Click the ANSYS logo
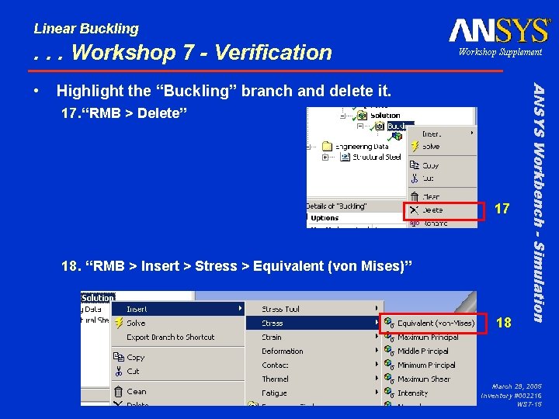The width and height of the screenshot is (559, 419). click(x=499, y=31)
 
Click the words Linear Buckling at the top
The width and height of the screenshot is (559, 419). click(x=86, y=29)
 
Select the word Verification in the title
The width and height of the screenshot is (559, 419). click(x=273, y=53)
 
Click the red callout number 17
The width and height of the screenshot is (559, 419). click(x=502, y=209)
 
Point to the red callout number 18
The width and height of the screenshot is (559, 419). click(x=504, y=322)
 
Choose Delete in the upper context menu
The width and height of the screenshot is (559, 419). click(x=432, y=209)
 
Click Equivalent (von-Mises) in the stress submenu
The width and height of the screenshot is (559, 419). click(x=436, y=323)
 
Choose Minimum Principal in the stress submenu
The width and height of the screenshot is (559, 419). click(x=426, y=365)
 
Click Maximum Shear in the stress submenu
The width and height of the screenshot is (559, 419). click(x=424, y=379)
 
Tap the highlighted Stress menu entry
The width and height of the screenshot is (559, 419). click(x=273, y=323)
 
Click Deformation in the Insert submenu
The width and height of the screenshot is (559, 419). click(x=282, y=351)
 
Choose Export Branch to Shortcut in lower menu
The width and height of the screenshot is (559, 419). click(x=170, y=338)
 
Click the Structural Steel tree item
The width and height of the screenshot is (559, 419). click(x=377, y=157)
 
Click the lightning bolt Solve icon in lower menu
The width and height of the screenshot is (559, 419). click(x=119, y=323)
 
